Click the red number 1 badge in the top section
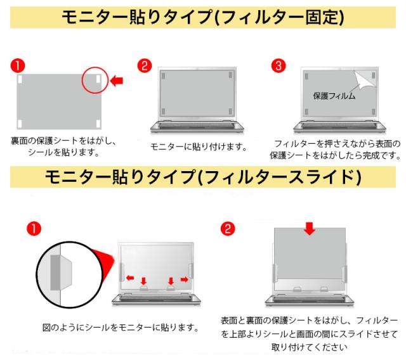tap(18, 66)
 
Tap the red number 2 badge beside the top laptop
tap(145, 66)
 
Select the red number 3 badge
tap(278, 66)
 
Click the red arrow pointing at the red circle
tap(117, 81)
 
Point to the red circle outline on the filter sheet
tap(82, 80)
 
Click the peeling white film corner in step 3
tap(365, 80)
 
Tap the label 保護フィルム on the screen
tap(334, 96)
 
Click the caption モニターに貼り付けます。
tap(199, 147)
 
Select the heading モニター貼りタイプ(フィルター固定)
tap(203, 17)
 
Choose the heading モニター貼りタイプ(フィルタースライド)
tap(203, 177)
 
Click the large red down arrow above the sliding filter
tap(310, 229)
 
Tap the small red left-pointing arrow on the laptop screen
tap(130, 278)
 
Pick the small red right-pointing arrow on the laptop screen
tap(184, 279)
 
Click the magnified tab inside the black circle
tap(61, 272)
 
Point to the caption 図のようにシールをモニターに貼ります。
tap(121, 328)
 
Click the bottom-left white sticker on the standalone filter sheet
tap(20, 124)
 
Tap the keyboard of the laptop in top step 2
tap(197, 126)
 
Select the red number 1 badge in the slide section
tap(34, 229)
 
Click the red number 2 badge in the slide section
tap(228, 229)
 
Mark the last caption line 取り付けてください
tap(309, 347)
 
